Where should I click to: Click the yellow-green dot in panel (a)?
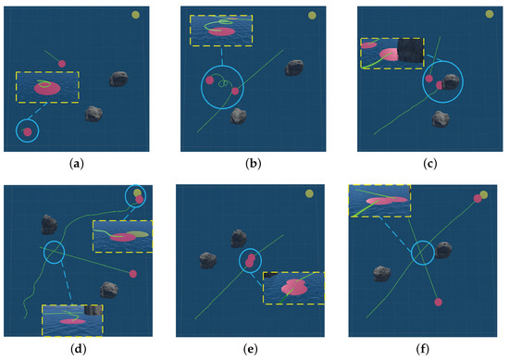coord(136,15)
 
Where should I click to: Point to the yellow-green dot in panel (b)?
coord(313,14)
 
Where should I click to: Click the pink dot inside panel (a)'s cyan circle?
coord(28,132)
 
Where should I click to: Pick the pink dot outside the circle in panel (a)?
coord(62,63)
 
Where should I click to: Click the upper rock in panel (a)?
coord(118,79)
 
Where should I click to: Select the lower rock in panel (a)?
coord(93,114)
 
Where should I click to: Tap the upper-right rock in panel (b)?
coord(294,68)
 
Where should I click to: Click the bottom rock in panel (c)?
coord(441,118)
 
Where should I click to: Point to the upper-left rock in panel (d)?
coord(49,223)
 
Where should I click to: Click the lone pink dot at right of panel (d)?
coord(133,274)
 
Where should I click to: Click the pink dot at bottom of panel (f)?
coord(439,301)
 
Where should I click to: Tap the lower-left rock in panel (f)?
coord(381,273)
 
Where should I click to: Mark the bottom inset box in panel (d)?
coord(72,319)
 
